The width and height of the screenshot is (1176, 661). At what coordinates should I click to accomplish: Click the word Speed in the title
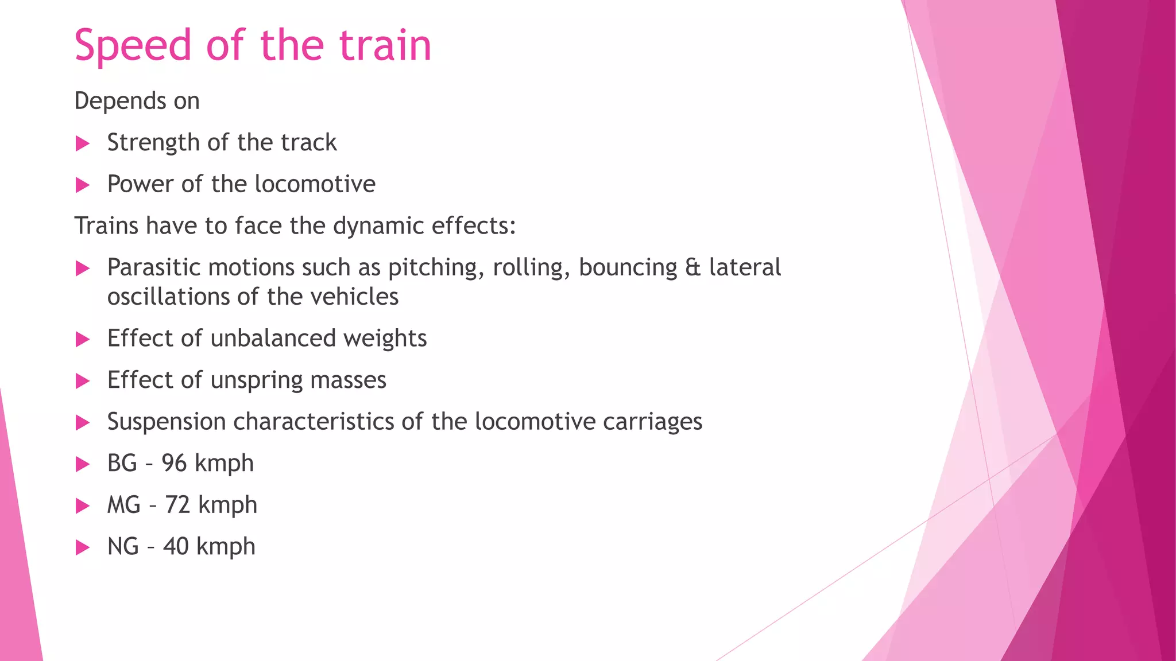pos(133,46)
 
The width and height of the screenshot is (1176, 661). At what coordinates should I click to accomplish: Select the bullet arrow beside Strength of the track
pos(83,143)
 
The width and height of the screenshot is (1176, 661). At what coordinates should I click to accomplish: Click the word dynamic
pos(378,226)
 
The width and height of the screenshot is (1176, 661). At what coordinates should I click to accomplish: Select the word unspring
pos(248,380)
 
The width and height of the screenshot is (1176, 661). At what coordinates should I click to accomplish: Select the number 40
pos(176,546)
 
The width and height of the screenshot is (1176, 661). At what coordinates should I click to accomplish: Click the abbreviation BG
pos(122,463)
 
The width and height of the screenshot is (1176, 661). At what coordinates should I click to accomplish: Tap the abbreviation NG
pos(123,546)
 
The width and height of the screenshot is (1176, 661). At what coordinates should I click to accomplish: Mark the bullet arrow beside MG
pos(83,506)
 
